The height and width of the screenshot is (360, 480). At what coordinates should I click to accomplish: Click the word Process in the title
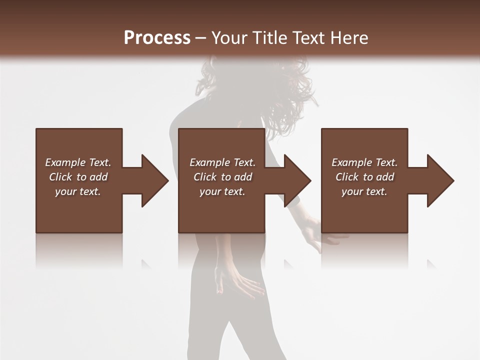(157, 38)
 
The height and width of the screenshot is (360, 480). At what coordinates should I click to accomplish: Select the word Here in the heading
(349, 38)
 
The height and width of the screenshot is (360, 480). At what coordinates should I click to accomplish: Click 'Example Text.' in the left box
(78, 162)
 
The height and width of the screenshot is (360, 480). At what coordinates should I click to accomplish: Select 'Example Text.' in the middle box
(222, 162)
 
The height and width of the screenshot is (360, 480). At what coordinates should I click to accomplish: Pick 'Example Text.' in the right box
(364, 162)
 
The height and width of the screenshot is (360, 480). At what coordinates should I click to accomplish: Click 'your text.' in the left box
(78, 191)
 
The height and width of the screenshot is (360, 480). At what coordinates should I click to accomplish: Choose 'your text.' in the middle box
(222, 191)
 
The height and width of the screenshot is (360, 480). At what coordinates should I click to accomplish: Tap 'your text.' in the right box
(364, 191)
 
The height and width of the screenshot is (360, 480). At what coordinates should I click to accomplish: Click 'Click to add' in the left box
(78, 177)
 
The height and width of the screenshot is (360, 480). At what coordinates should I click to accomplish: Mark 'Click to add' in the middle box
(222, 177)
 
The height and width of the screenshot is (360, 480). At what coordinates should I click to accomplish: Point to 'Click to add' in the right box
(364, 177)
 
